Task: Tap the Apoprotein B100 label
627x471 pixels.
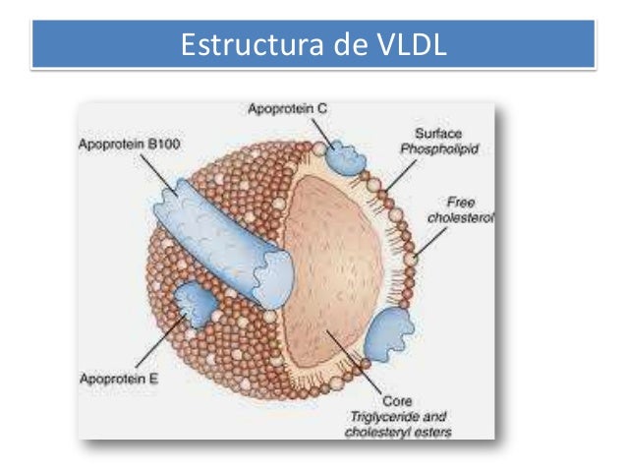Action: click(x=124, y=143)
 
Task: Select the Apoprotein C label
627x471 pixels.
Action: click(x=280, y=108)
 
